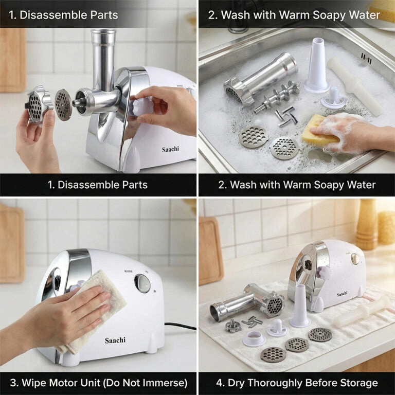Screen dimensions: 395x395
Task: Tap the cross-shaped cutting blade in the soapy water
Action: (x=284, y=117)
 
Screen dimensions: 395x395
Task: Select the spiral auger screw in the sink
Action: (x=277, y=97)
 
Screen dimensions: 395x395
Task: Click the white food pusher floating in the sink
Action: (x=355, y=85)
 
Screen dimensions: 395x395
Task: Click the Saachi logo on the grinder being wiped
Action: (x=115, y=340)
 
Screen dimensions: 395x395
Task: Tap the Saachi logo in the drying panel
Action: (x=342, y=294)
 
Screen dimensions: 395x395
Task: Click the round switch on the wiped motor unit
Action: (x=142, y=283)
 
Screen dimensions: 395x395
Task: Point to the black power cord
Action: (x=180, y=327)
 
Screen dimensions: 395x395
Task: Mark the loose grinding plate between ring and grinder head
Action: (x=63, y=105)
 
